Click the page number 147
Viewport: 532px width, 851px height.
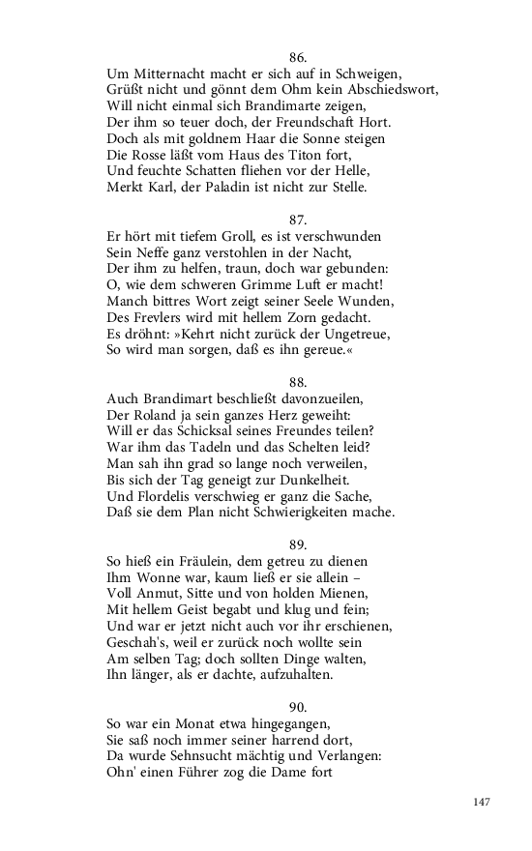point(485,802)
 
